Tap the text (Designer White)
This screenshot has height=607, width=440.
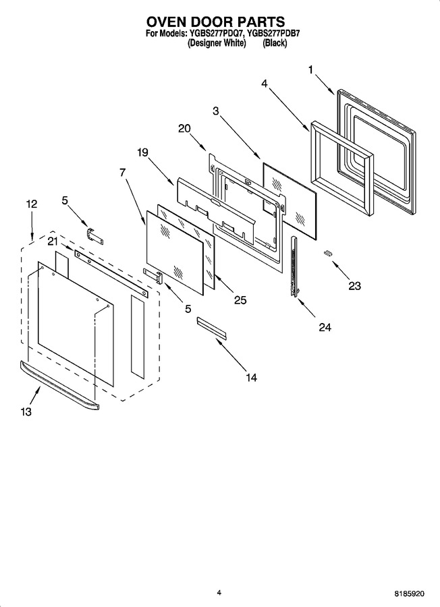point(217,43)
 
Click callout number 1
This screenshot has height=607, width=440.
point(310,70)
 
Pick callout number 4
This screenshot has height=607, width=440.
point(264,83)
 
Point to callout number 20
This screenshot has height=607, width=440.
point(185,128)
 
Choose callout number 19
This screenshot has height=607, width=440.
point(142,152)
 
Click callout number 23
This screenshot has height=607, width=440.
point(354,286)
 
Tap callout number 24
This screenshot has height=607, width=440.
point(325,327)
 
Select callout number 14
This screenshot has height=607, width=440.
point(251,377)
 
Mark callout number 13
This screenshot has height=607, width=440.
point(26,412)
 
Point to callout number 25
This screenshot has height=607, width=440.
point(240,300)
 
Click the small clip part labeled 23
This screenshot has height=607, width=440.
point(329,253)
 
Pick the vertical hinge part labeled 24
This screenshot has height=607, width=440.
point(296,267)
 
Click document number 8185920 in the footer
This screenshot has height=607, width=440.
point(410,593)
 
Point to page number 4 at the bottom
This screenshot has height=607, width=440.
point(219,592)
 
